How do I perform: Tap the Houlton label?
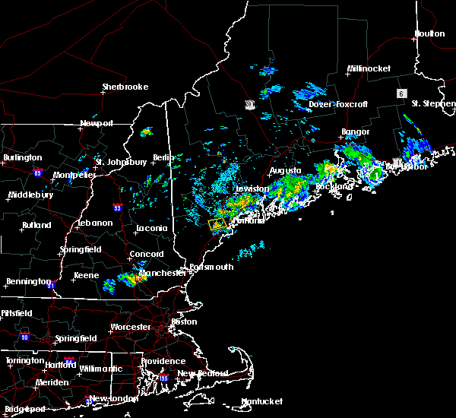[x=429, y=33]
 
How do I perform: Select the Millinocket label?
[x=369, y=68]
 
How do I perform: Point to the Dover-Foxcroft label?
[x=331, y=104]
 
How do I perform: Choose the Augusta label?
[x=285, y=170]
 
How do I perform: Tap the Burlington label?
[x=23, y=157]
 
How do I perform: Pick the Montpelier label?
[x=74, y=175]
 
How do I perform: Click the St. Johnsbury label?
[x=120, y=161]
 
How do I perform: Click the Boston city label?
[x=184, y=321]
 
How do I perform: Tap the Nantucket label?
[x=261, y=401]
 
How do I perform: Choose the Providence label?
[x=163, y=361]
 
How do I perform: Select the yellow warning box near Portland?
[x=217, y=225]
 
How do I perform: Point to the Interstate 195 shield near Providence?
[x=163, y=378]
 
